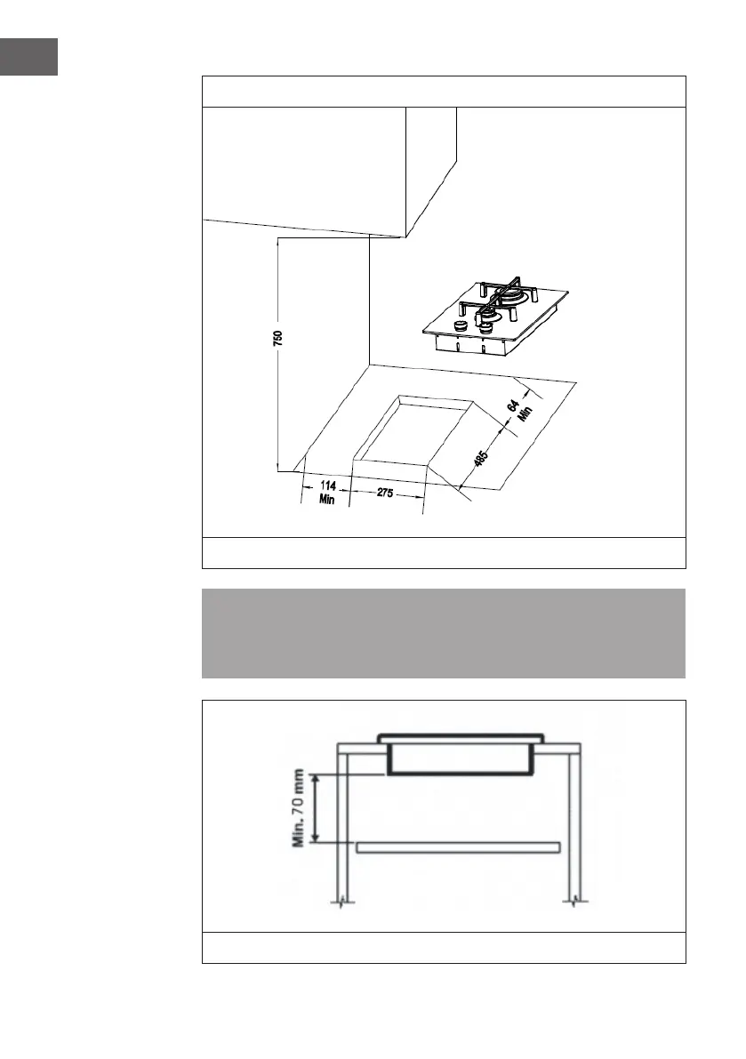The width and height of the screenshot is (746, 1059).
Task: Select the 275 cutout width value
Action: click(385, 494)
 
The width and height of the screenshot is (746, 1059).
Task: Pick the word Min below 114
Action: click(325, 500)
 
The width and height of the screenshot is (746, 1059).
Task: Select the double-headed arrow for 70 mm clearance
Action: click(317, 807)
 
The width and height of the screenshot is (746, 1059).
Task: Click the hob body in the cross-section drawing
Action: click(459, 760)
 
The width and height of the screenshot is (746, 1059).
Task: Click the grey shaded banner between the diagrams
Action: click(444, 633)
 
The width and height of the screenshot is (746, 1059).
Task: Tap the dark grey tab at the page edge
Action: click(28, 56)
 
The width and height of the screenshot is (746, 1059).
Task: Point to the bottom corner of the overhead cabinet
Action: click(405, 237)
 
